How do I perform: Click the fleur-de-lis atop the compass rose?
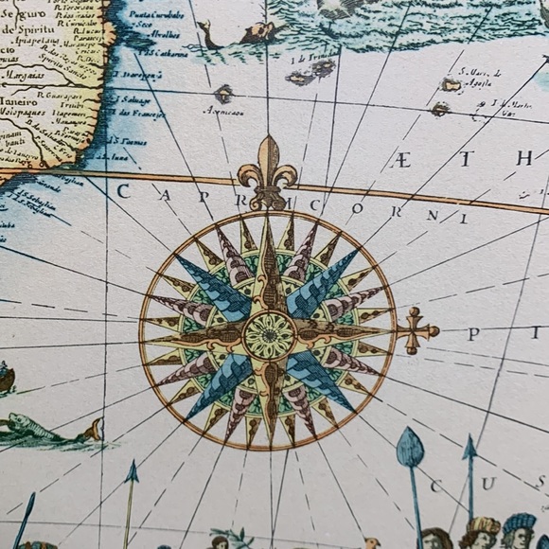pyautogui.click(x=267, y=170)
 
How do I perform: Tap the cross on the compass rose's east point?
pyautogui.click(x=416, y=330)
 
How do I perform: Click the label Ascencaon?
pyautogui.click(x=223, y=112)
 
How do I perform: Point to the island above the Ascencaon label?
pyautogui.click(x=223, y=93)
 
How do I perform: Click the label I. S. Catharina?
pyautogui.click(x=163, y=53)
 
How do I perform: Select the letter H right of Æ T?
pyautogui.click(x=523, y=158)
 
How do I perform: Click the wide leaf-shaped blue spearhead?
pyautogui.click(x=409, y=449)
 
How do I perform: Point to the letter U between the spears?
pyautogui.click(x=488, y=484)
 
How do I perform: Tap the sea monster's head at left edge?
pyautogui.click(x=92, y=432)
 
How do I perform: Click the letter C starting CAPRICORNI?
pyautogui.click(x=122, y=191)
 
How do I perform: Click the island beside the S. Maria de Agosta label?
pyautogui.click(x=451, y=85)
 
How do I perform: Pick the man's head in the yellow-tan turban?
pyautogui.click(x=483, y=528)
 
